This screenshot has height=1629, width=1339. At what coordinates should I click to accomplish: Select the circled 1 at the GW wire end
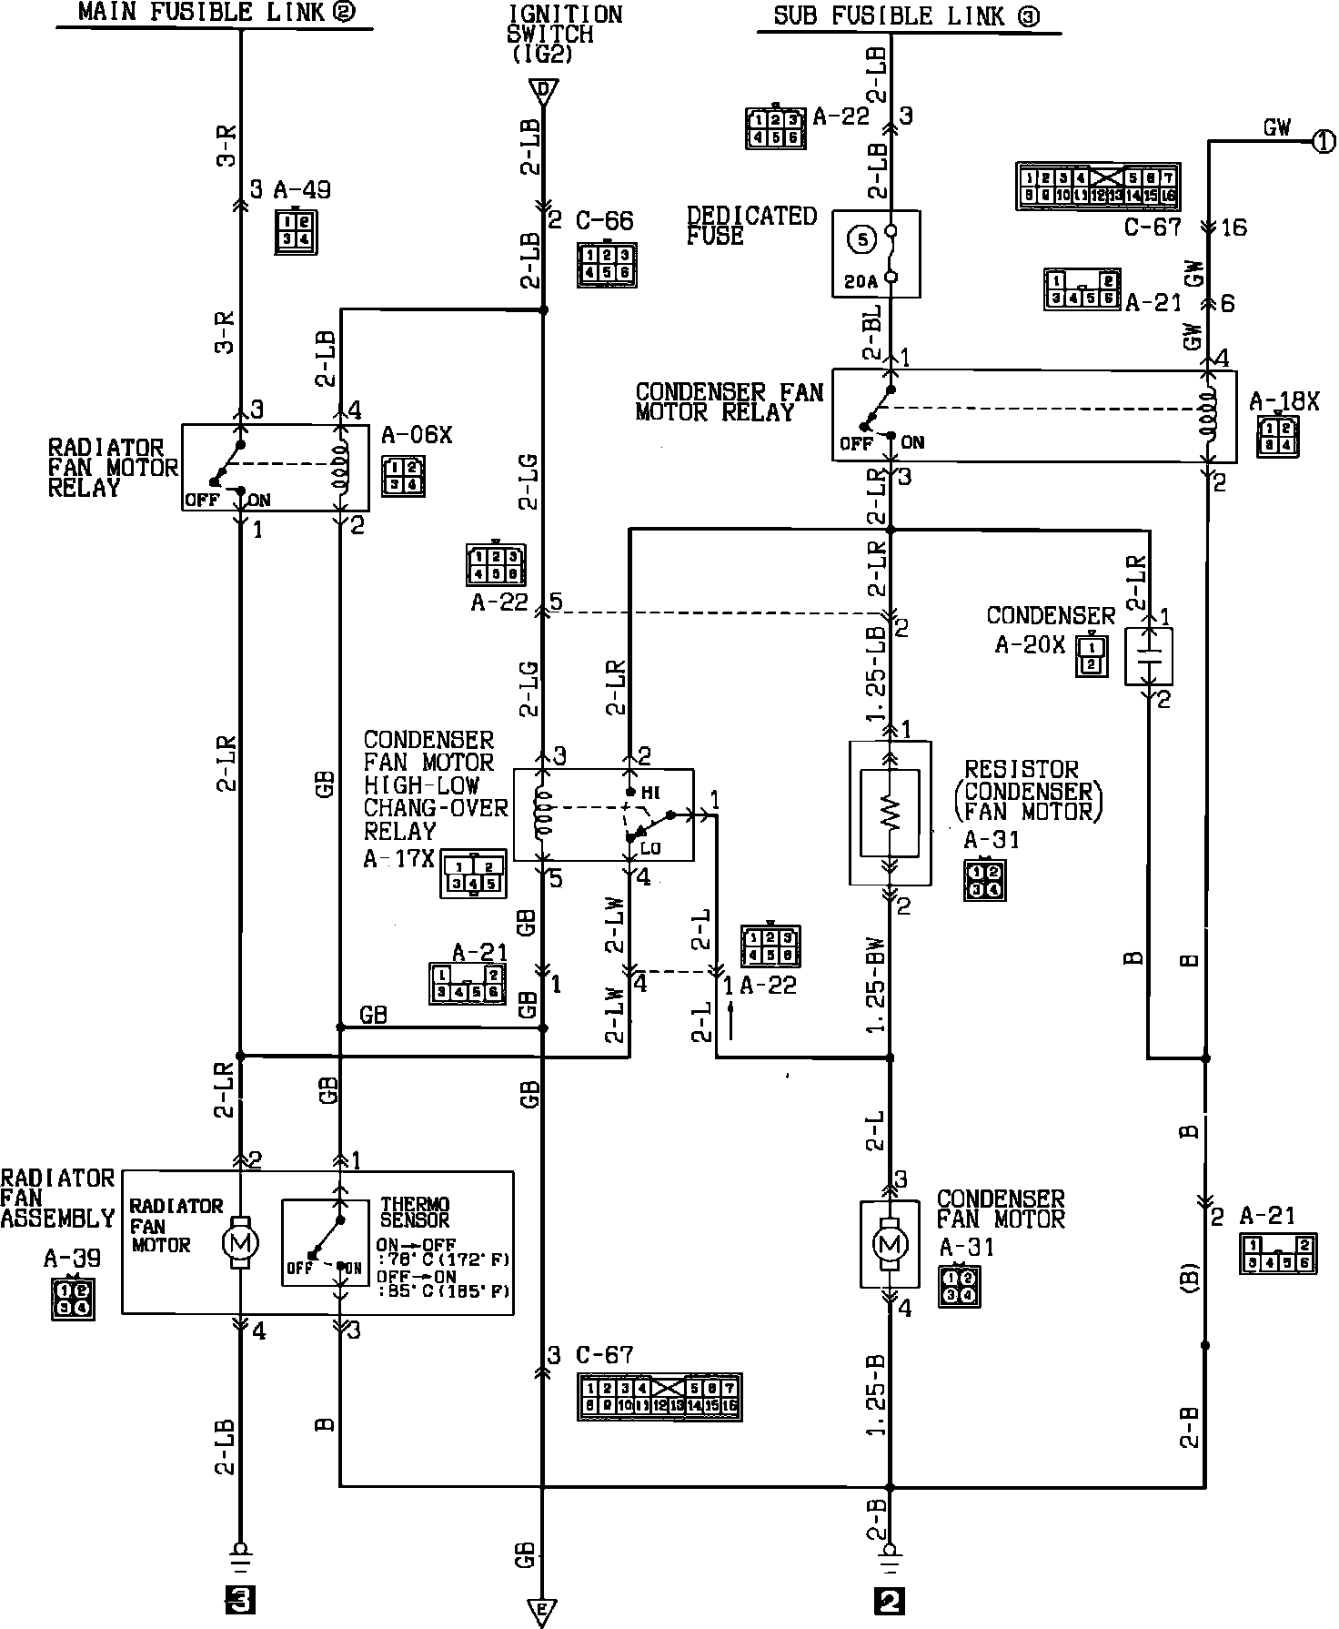tap(1324, 141)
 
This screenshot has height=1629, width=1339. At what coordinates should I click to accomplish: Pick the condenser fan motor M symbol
tap(891, 1243)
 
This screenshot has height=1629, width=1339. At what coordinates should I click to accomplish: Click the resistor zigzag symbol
tap(891, 813)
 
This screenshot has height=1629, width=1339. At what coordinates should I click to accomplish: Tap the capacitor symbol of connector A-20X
tap(1150, 655)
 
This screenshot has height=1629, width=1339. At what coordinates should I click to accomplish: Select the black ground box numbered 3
tap(240, 1599)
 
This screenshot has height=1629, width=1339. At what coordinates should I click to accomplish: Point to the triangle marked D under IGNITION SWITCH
tap(543, 90)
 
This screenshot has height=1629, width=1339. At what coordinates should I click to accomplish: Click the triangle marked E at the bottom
tap(542, 1609)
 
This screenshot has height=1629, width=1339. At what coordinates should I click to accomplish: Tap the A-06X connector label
tap(417, 435)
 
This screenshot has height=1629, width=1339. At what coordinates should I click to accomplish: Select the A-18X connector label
tap(1284, 401)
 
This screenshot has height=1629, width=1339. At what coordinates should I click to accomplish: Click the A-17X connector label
tap(399, 858)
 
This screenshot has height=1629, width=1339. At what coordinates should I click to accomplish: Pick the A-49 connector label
tap(303, 190)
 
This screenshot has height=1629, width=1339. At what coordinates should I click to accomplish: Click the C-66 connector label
tap(605, 221)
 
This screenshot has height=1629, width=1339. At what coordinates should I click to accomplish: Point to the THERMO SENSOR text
tap(415, 1211)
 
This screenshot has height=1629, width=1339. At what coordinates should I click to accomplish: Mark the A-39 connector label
tap(72, 1259)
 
